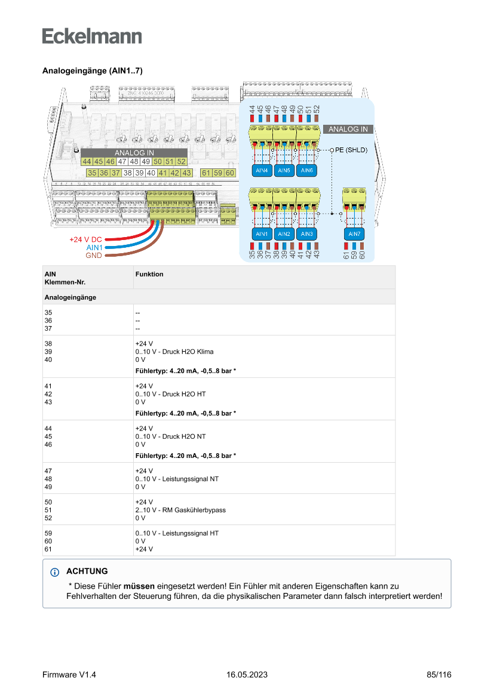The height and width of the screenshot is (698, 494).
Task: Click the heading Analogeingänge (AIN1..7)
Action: pyautogui.click(x=92, y=70)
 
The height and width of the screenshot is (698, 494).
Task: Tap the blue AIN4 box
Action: pyautogui.click(x=262, y=170)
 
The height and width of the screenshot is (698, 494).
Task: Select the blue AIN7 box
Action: pyautogui.click(x=354, y=233)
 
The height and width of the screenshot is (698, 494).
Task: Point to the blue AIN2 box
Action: pyautogui.click(x=284, y=233)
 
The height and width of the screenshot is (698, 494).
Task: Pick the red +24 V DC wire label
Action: pyautogui.click(x=85, y=239)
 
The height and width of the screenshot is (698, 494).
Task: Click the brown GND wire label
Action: pyautogui.click(x=93, y=256)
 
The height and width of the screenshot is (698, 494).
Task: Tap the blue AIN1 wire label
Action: pyautogui.click(x=94, y=247)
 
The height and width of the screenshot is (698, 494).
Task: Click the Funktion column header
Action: pyautogui.click(x=149, y=274)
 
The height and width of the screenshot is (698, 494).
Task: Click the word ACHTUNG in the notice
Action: pyautogui.click(x=87, y=571)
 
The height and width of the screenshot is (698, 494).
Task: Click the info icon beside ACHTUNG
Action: pyautogui.click(x=56, y=572)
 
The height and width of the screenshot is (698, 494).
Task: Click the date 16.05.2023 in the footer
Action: pyautogui.click(x=247, y=675)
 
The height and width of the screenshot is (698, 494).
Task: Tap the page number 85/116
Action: pyautogui.click(x=439, y=675)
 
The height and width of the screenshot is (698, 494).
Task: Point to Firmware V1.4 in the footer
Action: pyautogui.click(x=69, y=675)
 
